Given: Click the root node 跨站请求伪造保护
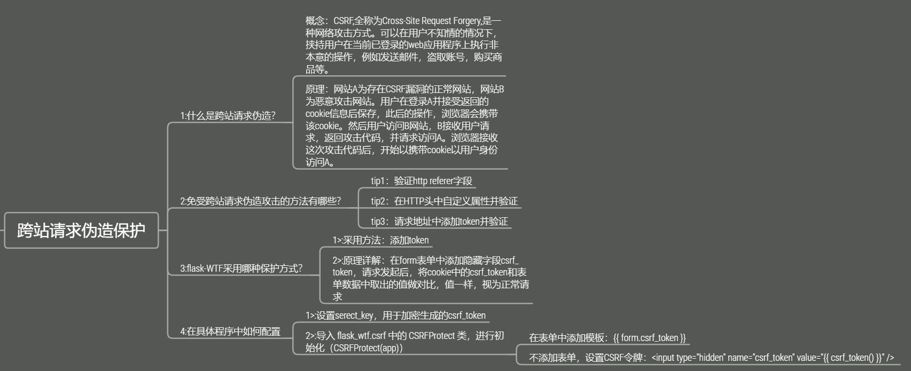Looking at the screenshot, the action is (x=81, y=230).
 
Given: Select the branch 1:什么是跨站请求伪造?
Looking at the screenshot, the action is (x=228, y=116).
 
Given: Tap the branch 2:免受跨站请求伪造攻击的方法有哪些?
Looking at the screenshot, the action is (x=260, y=201).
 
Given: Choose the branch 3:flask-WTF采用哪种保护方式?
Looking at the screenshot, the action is (x=241, y=268).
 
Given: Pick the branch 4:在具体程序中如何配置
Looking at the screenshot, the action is (x=230, y=331).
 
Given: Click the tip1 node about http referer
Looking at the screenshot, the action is (x=422, y=181).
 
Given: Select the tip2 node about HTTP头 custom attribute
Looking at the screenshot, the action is (x=444, y=201).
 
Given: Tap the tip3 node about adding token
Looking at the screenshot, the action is (x=439, y=222).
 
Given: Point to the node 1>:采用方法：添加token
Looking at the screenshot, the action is (x=380, y=240).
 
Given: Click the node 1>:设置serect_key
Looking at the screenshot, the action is (x=395, y=315).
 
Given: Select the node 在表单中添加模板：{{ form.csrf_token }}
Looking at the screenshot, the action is (x=607, y=338).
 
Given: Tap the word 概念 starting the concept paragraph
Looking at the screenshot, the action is (x=315, y=21).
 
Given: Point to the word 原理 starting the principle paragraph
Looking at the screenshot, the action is (x=315, y=89).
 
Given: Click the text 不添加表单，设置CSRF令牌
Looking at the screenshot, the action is (x=585, y=358).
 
